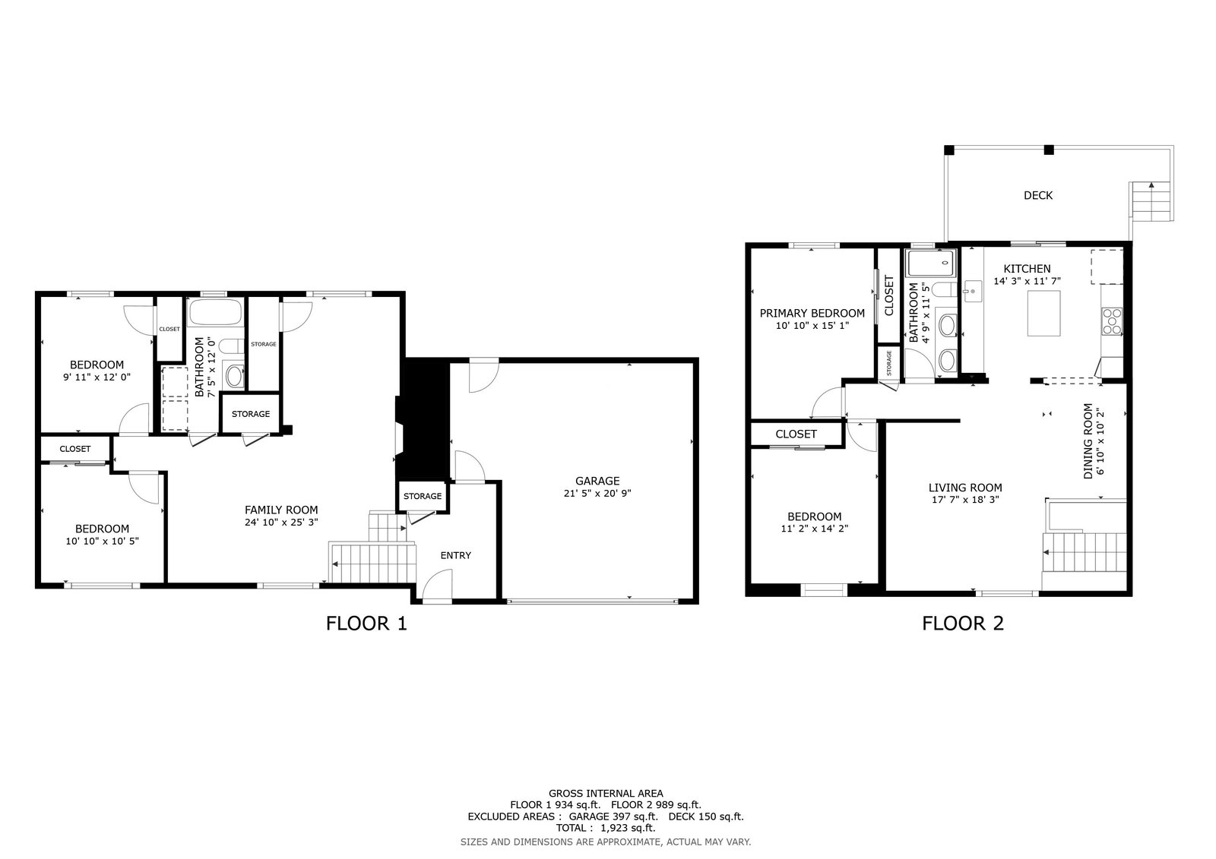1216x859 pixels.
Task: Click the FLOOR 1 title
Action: pyautogui.click(x=366, y=624)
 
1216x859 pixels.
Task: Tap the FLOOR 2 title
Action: pyautogui.click(x=963, y=624)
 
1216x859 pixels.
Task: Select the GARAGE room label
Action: pyautogui.click(x=597, y=481)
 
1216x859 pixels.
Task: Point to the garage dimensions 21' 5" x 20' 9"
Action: pyautogui.click(x=597, y=493)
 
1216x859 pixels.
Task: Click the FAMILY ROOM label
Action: pyautogui.click(x=281, y=510)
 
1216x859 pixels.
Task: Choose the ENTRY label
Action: pyautogui.click(x=455, y=555)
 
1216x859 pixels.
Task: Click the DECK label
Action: pyautogui.click(x=1038, y=195)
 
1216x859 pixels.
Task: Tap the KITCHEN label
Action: pyautogui.click(x=1027, y=269)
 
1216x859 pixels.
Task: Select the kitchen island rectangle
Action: pyautogui.click(x=1043, y=313)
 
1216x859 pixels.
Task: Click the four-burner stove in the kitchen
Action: pyautogui.click(x=1111, y=321)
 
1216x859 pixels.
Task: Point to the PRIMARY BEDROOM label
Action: pyautogui.click(x=812, y=313)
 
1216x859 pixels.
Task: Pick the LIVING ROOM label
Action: pyautogui.click(x=965, y=488)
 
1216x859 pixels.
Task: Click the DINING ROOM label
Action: pyautogui.click(x=1088, y=441)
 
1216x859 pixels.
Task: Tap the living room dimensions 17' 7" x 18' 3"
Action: pyautogui.click(x=965, y=500)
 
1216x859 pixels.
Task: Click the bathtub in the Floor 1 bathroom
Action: pyautogui.click(x=215, y=312)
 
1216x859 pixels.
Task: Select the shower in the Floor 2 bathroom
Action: pyautogui.click(x=930, y=264)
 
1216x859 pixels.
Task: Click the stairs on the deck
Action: pyautogui.click(x=1151, y=202)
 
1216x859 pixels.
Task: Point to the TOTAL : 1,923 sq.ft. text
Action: pyautogui.click(x=605, y=828)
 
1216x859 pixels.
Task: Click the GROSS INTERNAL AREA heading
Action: pyautogui.click(x=605, y=794)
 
